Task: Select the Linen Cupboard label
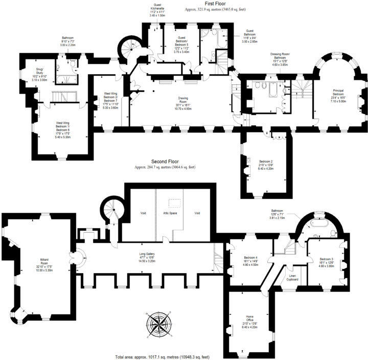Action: click(292, 277)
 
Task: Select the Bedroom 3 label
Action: click(327, 261)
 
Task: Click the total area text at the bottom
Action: click(163, 356)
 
